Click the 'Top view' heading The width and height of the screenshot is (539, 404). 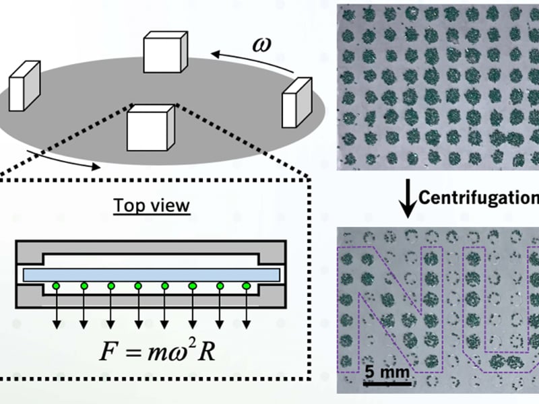(152, 204)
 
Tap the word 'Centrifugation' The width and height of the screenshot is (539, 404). (479, 197)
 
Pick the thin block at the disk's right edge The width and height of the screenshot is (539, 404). (297, 100)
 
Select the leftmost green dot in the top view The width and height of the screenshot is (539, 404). (56, 286)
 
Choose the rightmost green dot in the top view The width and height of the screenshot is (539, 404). (246, 286)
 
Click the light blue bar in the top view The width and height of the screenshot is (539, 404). (152, 274)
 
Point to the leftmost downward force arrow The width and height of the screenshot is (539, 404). (56, 310)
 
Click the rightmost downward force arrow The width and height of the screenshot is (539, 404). (246, 310)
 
